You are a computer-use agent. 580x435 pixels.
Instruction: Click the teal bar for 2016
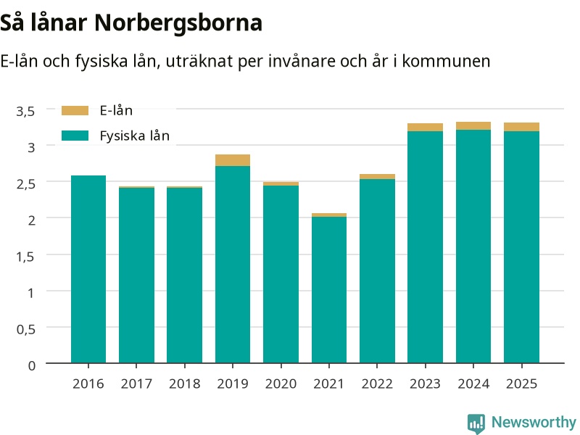pyautogui.click(x=88, y=269)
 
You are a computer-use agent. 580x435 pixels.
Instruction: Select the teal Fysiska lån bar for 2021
pyautogui.click(x=329, y=290)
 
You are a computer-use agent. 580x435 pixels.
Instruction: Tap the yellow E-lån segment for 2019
pyautogui.click(x=233, y=160)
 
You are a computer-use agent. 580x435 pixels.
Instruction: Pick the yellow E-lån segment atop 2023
pyautogui.click(x=425, y=128)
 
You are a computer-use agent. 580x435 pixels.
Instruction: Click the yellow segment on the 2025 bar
pyautogui.click(x=521, y=127)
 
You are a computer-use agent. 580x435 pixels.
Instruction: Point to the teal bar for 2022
pyautogui.click(x=377, y=271)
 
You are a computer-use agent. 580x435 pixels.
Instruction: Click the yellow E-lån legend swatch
pyautogui.click(x=75, y=111)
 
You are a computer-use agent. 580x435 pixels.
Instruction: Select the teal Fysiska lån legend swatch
pyautogui.click(x=75, y=136)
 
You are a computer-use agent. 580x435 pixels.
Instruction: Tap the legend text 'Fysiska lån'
pyautogui.click(x=135, y=136)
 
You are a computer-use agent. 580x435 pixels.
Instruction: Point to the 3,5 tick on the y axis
pyautogui.click(x=25, y=111)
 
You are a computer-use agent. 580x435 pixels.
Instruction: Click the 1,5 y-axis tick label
pyautogui.click(x=25, y=257)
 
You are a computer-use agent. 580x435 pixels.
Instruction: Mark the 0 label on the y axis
pyautogui.click(x=32, y=365)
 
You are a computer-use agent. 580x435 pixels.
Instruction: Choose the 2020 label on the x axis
pyautogui.click(x=281, y=384)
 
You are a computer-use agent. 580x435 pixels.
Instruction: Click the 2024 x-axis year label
pyautogui.click(x=473, y=384)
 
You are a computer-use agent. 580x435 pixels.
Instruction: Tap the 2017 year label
pyautogui.click(x=136, y=384)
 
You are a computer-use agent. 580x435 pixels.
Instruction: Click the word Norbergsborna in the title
pyautogui.click(x=178, y=23)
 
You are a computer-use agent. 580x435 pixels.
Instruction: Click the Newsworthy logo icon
pyautogui.click(x=476, y=423)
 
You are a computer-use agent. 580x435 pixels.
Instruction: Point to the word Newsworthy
pyautogui.click(x=534, y=422)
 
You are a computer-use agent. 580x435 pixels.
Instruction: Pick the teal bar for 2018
pyautogui.click(x=185, y=275)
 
